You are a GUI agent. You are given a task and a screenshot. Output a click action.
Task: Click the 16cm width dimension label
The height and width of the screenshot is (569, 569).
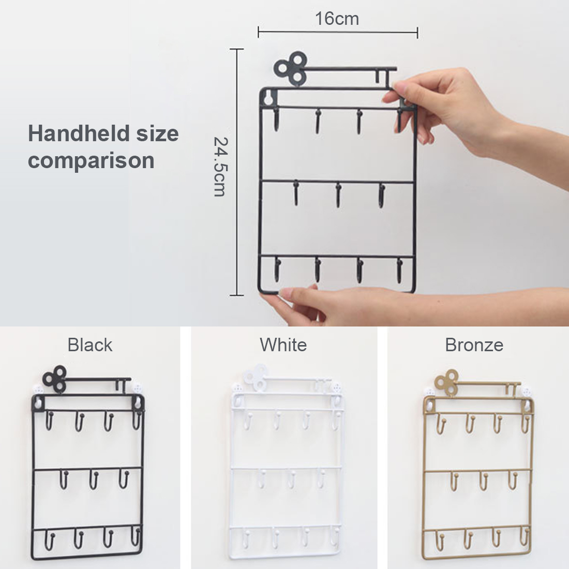337,19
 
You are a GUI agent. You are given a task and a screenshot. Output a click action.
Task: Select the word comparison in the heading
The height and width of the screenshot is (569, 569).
91,161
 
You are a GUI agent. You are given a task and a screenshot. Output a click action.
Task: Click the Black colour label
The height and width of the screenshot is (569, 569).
90,345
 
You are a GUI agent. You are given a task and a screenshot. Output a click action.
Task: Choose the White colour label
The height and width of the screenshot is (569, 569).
283,345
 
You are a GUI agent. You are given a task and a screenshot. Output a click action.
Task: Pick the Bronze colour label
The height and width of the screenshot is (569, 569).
474,345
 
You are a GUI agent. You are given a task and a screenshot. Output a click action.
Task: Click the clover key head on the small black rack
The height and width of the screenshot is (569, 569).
55,379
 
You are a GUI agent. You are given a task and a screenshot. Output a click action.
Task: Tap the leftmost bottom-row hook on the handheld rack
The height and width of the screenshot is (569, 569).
278,269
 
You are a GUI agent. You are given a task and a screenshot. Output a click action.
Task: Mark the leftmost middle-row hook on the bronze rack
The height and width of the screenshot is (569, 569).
454,481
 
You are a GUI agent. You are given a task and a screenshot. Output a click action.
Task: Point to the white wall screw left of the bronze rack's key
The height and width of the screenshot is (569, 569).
429,393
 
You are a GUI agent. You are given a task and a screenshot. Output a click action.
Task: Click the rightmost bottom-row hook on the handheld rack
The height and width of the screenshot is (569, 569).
399,271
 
